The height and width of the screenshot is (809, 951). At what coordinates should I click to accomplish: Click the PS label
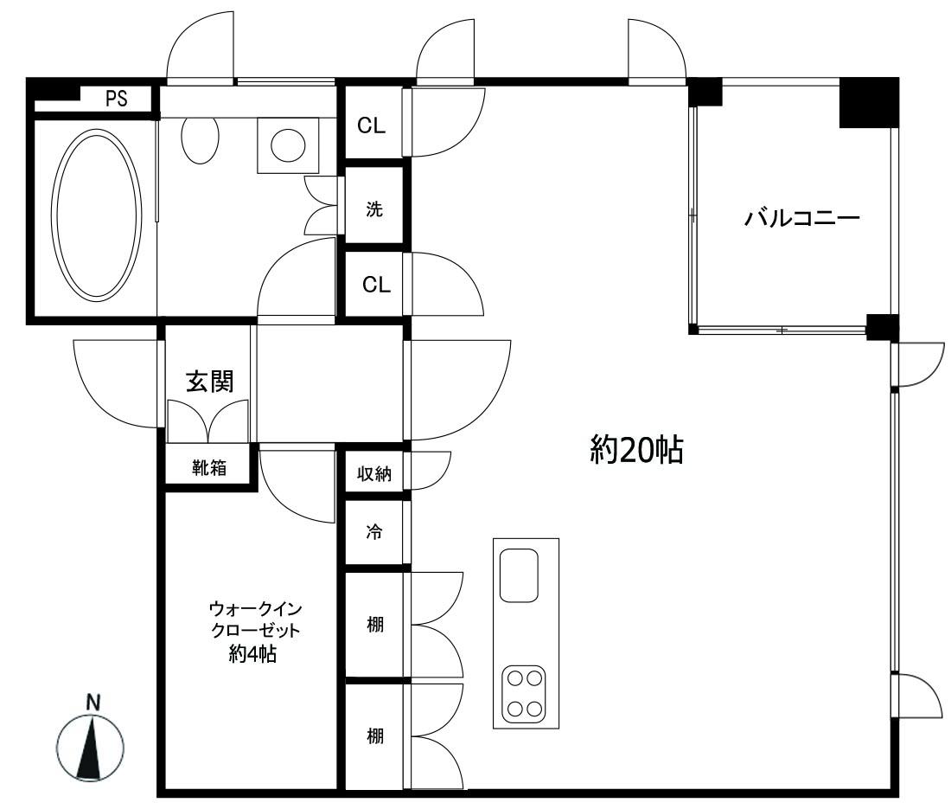coord(116,99)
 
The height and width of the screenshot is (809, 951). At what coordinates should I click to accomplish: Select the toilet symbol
coord(201,138)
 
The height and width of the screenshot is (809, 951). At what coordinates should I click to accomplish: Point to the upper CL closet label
coord(372,126)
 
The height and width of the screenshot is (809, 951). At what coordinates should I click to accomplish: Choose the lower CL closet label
coord(375,285)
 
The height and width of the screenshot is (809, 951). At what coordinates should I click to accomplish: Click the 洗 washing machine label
coord(373,209)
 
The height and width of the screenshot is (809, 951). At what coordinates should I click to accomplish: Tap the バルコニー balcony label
coord(801,217)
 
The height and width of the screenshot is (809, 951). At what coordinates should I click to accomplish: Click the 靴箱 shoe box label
coord(208,468)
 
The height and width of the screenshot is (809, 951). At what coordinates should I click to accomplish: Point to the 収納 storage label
coord(373,474)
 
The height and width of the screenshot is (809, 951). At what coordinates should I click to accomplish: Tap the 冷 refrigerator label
coord(373,531)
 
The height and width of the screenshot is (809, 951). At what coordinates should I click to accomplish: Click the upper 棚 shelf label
coord(374,624)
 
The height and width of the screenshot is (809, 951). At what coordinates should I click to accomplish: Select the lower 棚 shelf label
coord(374,737)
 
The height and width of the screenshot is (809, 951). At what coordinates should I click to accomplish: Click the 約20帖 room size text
coord(637,449)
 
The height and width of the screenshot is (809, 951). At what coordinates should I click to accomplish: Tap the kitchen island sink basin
coord(519,575)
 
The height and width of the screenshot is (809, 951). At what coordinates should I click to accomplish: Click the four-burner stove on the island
coord(526,692)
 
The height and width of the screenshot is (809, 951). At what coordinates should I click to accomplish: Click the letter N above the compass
coord(92,702)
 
